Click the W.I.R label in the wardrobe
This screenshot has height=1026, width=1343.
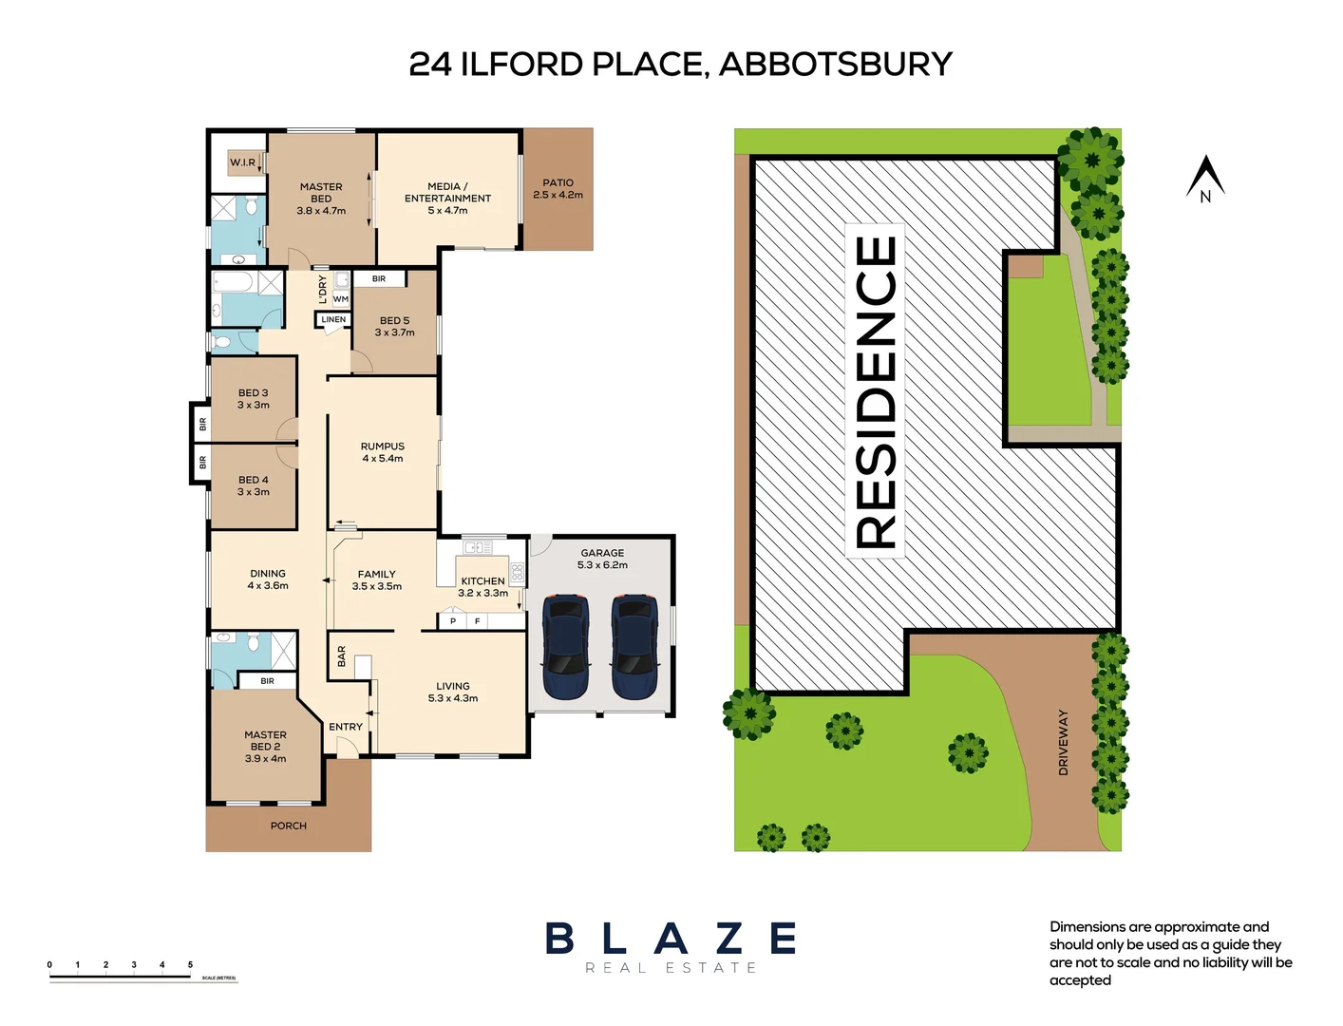click(x=242, y=162)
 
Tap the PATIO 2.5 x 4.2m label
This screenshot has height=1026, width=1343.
click(x=558, y=188)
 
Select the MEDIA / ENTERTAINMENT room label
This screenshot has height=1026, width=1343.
click(x=447, y=199)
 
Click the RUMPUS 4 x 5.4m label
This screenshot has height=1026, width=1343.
click(x=382, y=452)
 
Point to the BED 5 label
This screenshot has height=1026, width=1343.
click(x=394, y=326)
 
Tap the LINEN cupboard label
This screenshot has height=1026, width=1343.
click(x=333, y=319)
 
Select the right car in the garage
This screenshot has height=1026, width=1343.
click(x=634, y=647)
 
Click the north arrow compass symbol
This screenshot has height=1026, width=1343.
click(x=1205, y=179)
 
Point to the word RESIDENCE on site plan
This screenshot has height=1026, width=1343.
click(x=876, y=391)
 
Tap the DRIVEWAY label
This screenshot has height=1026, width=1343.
click(x=1063, y=742)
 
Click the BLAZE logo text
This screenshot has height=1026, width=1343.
click(x=671, y=939)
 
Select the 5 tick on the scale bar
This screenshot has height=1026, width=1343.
click(x=190, y=965)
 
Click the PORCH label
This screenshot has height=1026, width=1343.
click(x=288, y=826)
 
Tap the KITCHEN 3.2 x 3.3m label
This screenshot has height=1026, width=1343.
click(x=482, y=587)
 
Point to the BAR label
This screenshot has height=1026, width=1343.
click(x=342, y=656)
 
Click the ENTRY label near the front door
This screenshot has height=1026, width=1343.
click(x=346, y=727)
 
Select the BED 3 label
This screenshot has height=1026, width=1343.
click(x=253, y=398)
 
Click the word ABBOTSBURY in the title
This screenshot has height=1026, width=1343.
click(x=835, y=65)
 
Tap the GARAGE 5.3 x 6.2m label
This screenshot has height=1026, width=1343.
click(x=602, y=559)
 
